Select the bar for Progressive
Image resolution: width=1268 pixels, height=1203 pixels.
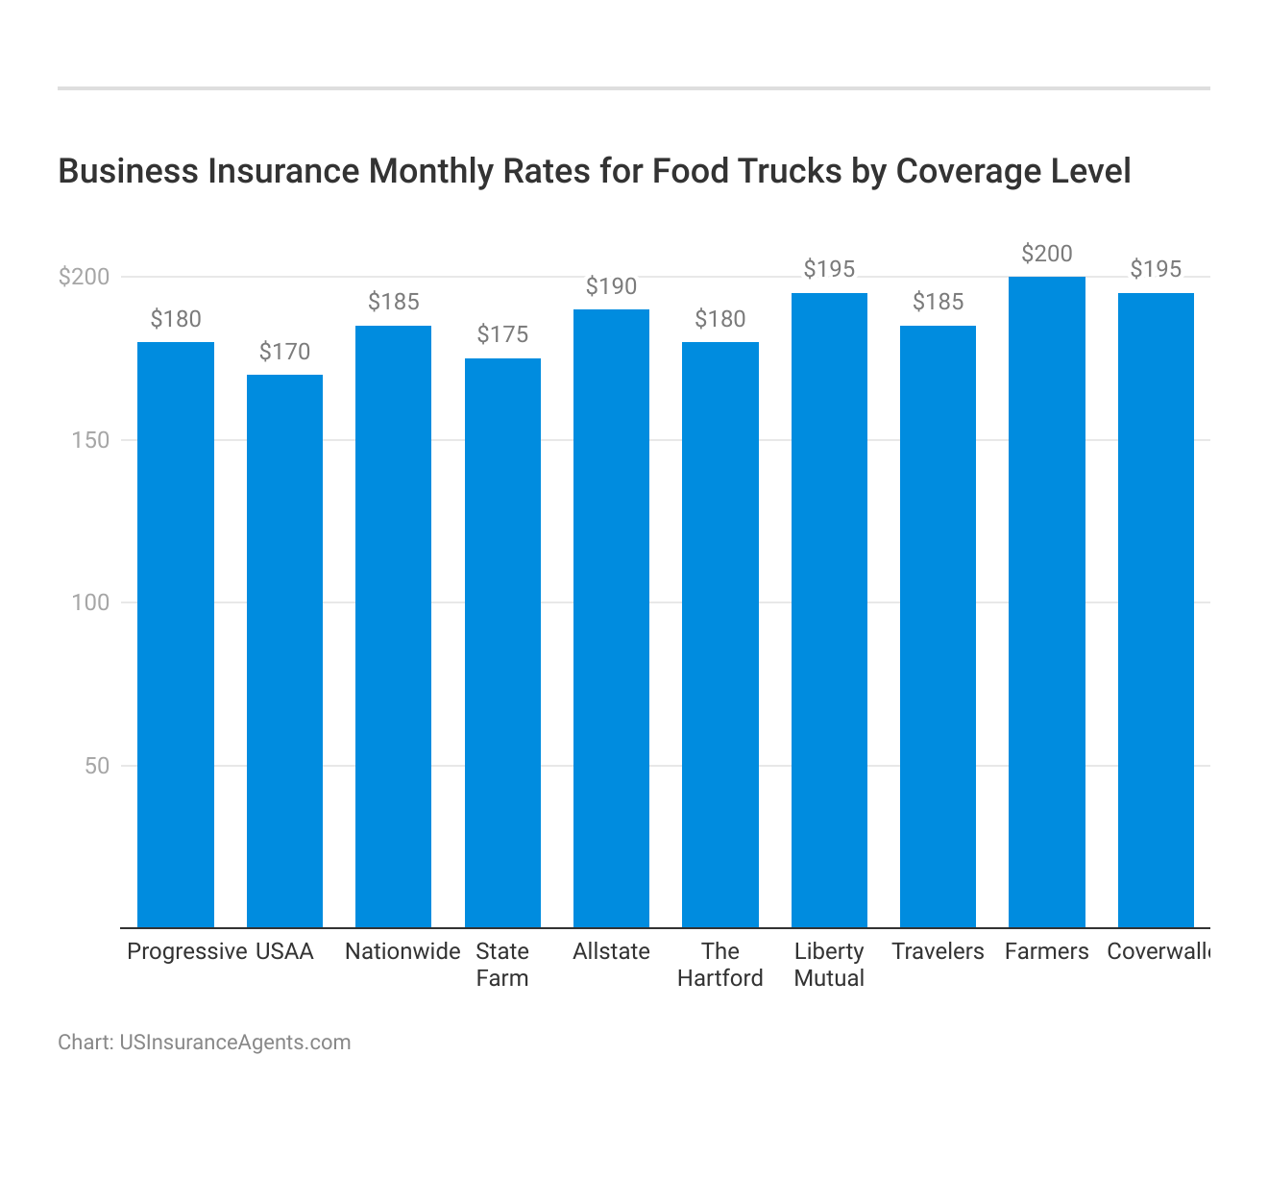176,634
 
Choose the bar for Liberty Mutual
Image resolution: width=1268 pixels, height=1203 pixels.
829,610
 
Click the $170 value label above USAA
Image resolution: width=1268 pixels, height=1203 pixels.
284,352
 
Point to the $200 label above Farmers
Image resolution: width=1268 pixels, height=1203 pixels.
1046,254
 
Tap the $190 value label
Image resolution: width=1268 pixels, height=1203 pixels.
611,286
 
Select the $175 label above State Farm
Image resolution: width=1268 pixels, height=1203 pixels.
502,334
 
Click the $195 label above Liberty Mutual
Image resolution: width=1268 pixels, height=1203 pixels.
829,269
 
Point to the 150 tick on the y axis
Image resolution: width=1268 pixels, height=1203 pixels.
91,440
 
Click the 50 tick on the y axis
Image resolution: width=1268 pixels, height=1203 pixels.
96,766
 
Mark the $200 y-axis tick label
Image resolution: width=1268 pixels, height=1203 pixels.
85,277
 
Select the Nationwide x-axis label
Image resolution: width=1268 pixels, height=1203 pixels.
402,951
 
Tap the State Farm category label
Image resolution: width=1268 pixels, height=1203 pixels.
502,965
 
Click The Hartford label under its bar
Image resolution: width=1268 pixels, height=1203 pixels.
719,965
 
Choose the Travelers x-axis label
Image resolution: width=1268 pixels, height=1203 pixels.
938,951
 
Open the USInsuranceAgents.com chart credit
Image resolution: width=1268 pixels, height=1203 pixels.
234,1043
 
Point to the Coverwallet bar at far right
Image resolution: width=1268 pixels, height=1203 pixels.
1156,610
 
